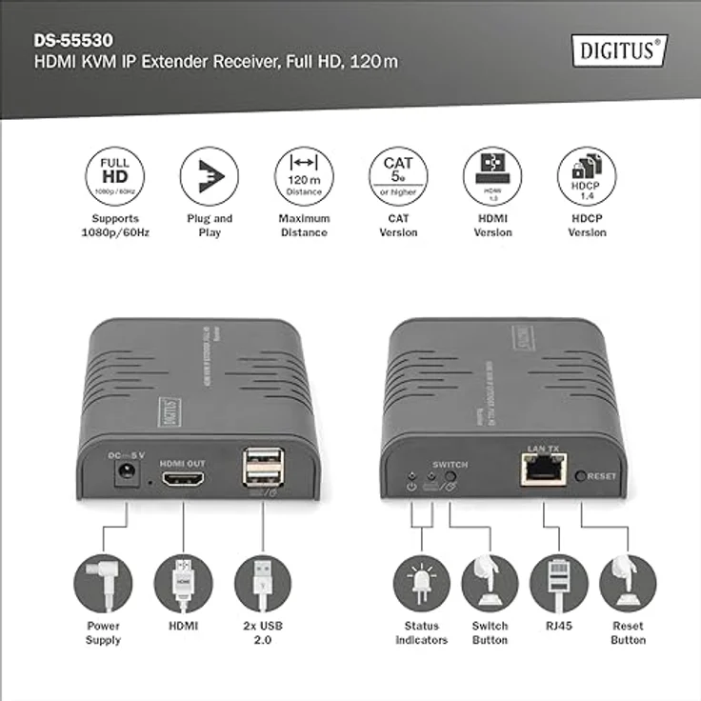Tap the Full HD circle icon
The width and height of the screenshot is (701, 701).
click(x=115, y=176)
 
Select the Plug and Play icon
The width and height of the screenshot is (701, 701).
click(x=210, y=176)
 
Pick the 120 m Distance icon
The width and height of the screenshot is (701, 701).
click(x=304, y=176)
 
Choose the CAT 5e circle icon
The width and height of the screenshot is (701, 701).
click(x=398, y=176)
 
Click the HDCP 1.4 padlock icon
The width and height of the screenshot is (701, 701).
click(x=587, y=176)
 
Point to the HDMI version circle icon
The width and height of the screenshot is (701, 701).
click(x=492, y=176)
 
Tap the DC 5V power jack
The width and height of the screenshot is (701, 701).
click(x=123, y=483)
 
